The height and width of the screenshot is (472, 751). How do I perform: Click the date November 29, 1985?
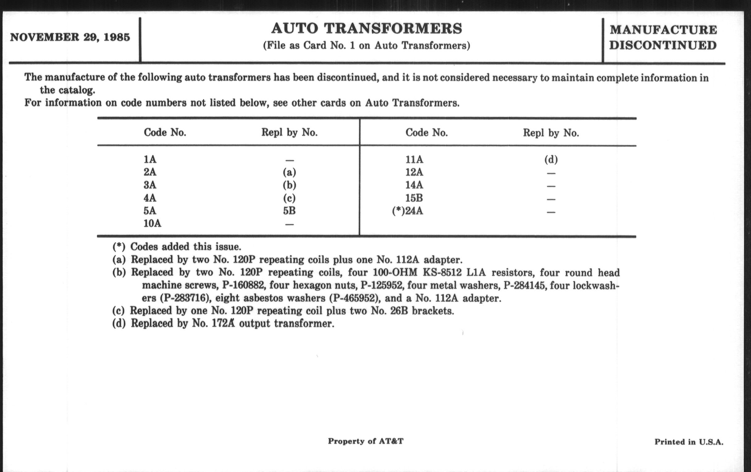(70, 37)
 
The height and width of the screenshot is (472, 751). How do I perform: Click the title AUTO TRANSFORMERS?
(367, 29)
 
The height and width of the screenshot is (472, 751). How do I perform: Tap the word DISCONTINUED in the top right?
(663, 46)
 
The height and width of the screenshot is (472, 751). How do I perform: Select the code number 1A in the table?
(150, 159)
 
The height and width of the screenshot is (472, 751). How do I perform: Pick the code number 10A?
(152, 224)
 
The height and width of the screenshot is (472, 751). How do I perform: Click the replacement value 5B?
(289, 211)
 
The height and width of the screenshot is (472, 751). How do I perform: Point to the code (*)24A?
(407, 211)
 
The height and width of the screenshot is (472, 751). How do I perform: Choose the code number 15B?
(414, 198)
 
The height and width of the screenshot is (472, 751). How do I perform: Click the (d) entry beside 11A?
(551, 159)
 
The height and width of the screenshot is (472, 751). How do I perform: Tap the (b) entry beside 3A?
(289, 185)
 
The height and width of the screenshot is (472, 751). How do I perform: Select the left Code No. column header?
(165, 133)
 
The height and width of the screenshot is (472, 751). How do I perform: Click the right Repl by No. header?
(551, 133)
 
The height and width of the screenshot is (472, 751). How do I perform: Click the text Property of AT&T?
(366, 441)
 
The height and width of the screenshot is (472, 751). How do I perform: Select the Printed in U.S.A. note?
(689, 442)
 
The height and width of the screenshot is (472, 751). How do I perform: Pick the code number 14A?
(414, 185)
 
